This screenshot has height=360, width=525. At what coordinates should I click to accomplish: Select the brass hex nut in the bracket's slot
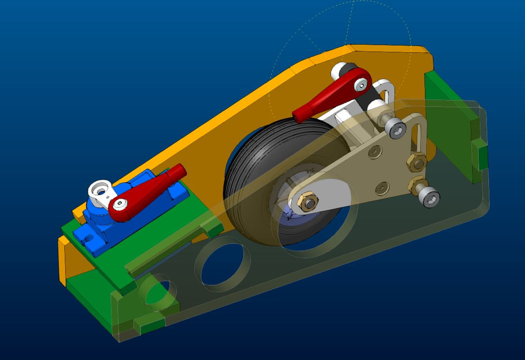[416, 163]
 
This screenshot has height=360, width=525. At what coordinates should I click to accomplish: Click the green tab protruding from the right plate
[479, 155]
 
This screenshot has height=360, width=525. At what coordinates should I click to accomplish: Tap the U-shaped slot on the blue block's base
[89, 238]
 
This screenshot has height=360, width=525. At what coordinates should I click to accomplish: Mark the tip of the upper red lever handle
[298, 115]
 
